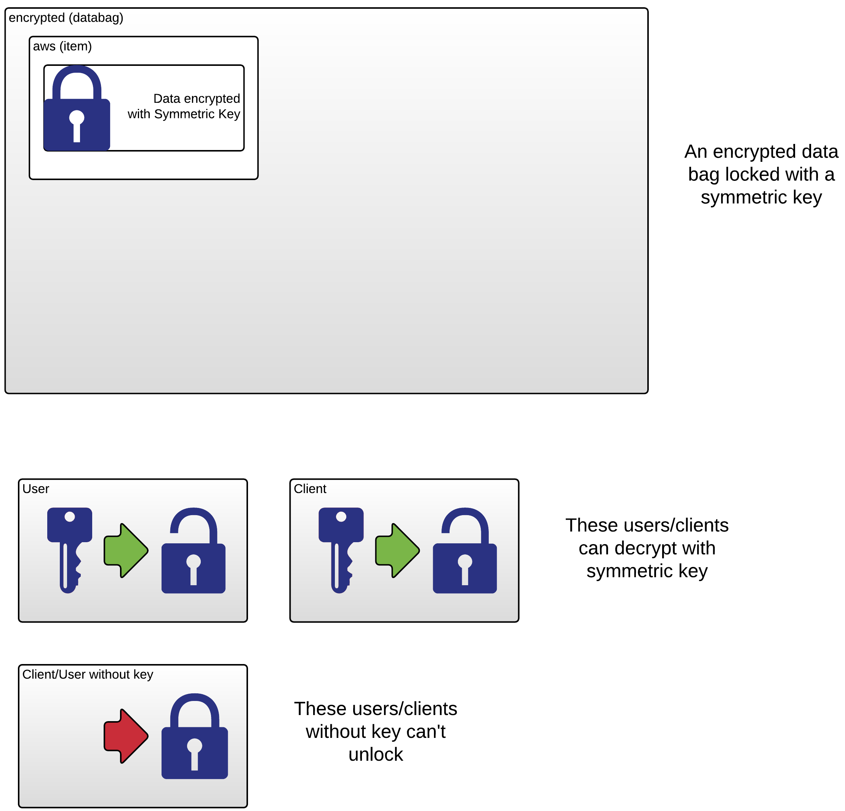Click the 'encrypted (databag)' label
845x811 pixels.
coord(66,18)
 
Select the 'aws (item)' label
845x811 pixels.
coord(62,46)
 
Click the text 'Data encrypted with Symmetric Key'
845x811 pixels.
coord(184,107)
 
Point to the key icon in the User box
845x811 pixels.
coord(69,549)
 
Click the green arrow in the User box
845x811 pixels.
coord(126,550)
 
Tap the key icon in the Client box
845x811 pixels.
coord(341,549)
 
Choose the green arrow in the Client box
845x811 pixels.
coord(397,550)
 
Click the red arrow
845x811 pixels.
coord(126,736)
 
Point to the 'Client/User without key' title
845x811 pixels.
coord(88,674)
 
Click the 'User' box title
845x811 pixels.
coord(36,489)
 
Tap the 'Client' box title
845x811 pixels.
coord(310,489)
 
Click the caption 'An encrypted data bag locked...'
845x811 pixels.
coord(761,174)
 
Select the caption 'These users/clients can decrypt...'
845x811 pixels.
coord(647,548)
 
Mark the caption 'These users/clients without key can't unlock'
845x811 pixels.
coord(376,731)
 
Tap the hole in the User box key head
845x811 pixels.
coord(69,517)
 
